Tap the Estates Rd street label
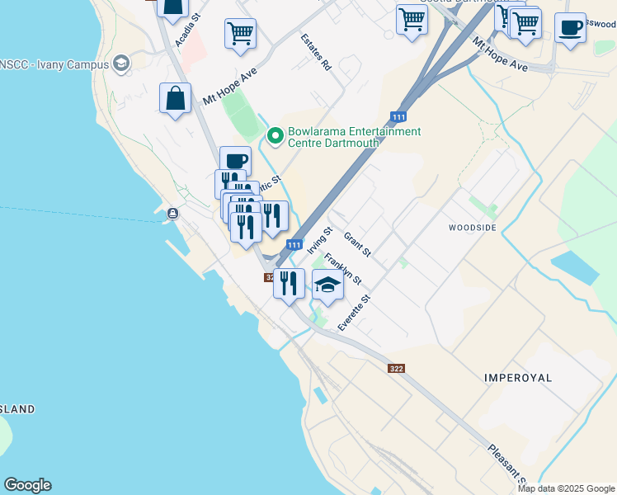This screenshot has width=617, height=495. coord(315,52)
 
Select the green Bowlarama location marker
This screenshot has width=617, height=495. coord(275,136)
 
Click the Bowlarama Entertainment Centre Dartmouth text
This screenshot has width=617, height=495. coord(354,137)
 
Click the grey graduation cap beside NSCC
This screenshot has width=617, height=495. coord(121,64)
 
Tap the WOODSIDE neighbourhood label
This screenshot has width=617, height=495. coord(473,227)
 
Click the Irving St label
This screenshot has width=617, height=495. coord(318,240)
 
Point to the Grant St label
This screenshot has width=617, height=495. coord(356,243)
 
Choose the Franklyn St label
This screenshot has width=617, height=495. coord(342,268)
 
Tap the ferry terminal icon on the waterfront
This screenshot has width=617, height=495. coord(172,214)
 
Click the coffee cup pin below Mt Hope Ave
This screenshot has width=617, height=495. coord(235,160)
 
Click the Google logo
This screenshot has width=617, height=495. coord(27,485)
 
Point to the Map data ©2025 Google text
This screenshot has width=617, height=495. coord(566,488)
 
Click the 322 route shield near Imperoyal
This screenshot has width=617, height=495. coord(396,368)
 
